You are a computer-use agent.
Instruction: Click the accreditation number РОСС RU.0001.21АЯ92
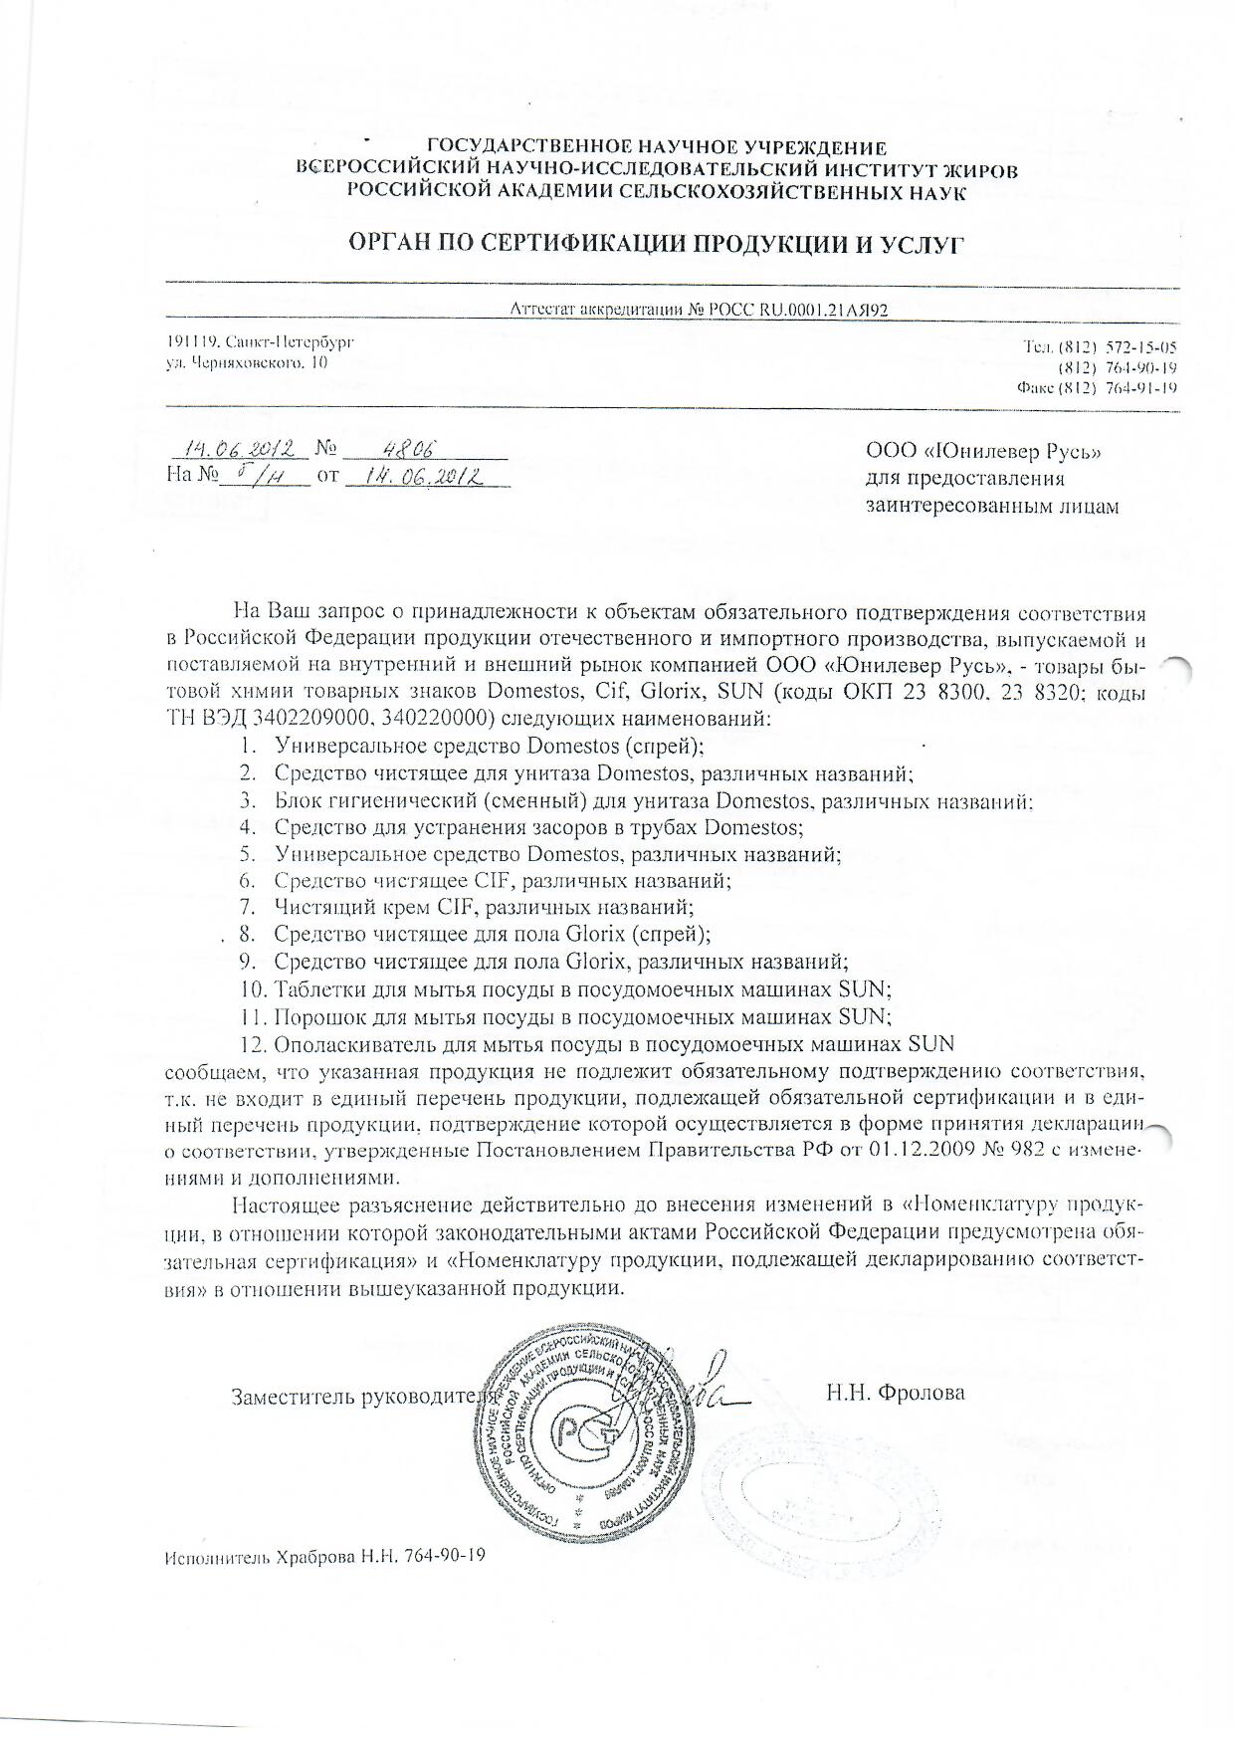click(x=795, y=309)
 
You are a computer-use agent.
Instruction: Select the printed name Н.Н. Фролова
click(x=896, y=1393)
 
